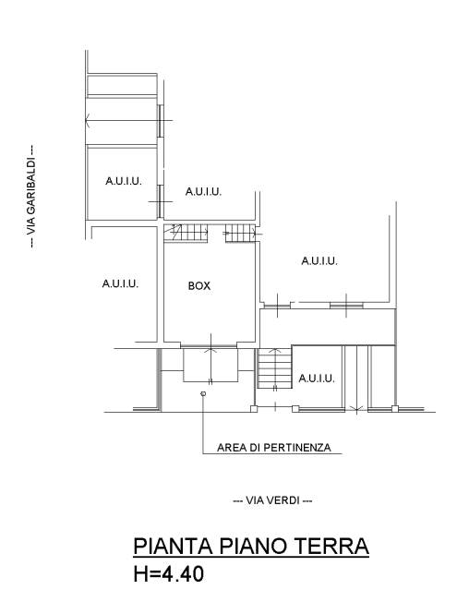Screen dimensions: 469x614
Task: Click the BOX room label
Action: tap(199, 286)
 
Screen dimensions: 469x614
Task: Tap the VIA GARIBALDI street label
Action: tap(30, 196)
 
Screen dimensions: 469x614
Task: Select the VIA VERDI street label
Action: tap(272, 500)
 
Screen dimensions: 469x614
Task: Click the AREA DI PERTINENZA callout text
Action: tap(274, 447)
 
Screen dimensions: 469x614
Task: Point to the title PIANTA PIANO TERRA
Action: tap(251, 546)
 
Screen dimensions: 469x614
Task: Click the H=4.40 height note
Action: tap(169, 574)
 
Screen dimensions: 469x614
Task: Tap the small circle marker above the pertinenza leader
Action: tap(203, 393)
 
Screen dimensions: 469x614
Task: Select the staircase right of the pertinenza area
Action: tap(274, 368)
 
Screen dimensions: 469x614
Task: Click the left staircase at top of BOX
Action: tap(186, 233)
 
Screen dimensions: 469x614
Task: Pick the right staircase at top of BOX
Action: tap(240, 233)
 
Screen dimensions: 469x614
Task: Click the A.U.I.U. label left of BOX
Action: tap(120, 283)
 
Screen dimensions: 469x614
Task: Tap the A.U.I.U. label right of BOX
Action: tap(319, 260)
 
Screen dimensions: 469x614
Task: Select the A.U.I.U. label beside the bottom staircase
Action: tap(317, 379)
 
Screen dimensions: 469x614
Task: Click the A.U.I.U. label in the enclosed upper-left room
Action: tap(124, 181)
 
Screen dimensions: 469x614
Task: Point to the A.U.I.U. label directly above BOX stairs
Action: tap(203, 192)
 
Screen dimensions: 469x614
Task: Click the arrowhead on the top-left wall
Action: tap(88, 121)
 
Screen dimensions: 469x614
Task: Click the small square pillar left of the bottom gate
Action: tap(254, 409)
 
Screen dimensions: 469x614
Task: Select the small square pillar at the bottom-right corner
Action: tap(394, 409)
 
